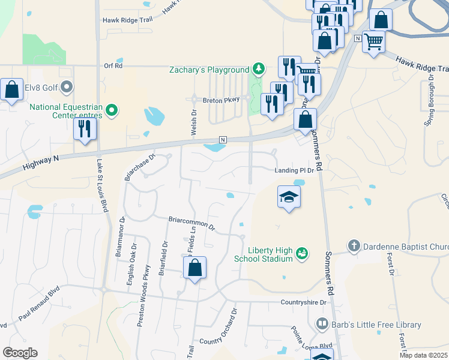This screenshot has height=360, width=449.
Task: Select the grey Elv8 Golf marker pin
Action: click(x=67, y=88)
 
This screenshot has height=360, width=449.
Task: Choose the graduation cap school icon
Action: click(x=289, y=197)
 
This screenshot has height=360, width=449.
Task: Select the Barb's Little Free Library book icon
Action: click(x=322, y=325)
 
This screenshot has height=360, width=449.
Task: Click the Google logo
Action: click(x=20, y=353)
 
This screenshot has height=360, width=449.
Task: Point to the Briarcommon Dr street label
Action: click(x=191, y=222)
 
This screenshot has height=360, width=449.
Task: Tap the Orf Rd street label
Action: click(x=113, y=66)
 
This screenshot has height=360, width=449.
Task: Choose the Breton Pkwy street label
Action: click(x=221, y=100)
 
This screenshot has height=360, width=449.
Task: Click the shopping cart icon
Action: click(x=373, y=42)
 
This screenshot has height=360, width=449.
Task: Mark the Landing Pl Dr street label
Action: click(x=294, y=170)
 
